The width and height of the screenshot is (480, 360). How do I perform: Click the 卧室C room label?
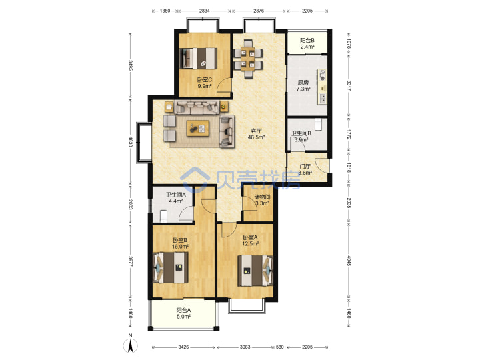click(x=205, y=83)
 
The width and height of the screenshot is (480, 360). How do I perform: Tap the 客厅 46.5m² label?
click(x=256, y=134)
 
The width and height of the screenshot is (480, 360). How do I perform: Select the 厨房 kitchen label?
click(x=303, y=86)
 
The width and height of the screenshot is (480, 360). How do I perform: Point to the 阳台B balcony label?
click(x=307, y=43)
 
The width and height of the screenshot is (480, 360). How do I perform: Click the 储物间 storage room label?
click(x=262, y=200)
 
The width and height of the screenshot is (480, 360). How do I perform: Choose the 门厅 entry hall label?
click(x=305, y=169)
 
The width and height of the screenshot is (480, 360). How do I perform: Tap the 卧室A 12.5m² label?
click(x=251, y=240)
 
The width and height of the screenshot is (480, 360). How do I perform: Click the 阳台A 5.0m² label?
click(x=183, y=313)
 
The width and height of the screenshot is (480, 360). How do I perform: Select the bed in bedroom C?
click(x=199, y=58)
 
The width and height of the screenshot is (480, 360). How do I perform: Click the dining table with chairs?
click(x=248, y=59)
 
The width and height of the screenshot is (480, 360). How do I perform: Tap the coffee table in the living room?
click(x=198, y=128)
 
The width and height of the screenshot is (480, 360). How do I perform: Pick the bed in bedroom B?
click(x=171, y=268)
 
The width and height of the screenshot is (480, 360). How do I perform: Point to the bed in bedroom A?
click(x=255, y=271)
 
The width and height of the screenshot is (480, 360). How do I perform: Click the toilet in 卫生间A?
click(x=163, y=216)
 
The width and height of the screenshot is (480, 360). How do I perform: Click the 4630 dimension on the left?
click(x=131, y=142)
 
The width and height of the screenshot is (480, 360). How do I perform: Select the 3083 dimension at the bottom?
click(x=245, y=347)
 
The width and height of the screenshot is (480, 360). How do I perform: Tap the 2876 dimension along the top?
click(x=259, y=11)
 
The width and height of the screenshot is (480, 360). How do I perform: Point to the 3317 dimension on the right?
click(x=349, y=86)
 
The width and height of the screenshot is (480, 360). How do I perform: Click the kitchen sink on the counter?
click(x=323, y=98)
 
